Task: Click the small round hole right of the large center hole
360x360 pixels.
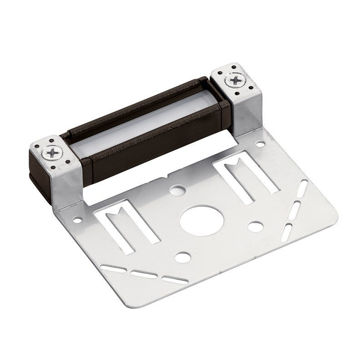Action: click(x=257, y=227)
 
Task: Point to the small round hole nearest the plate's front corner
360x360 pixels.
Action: click(x=182, y=259)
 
